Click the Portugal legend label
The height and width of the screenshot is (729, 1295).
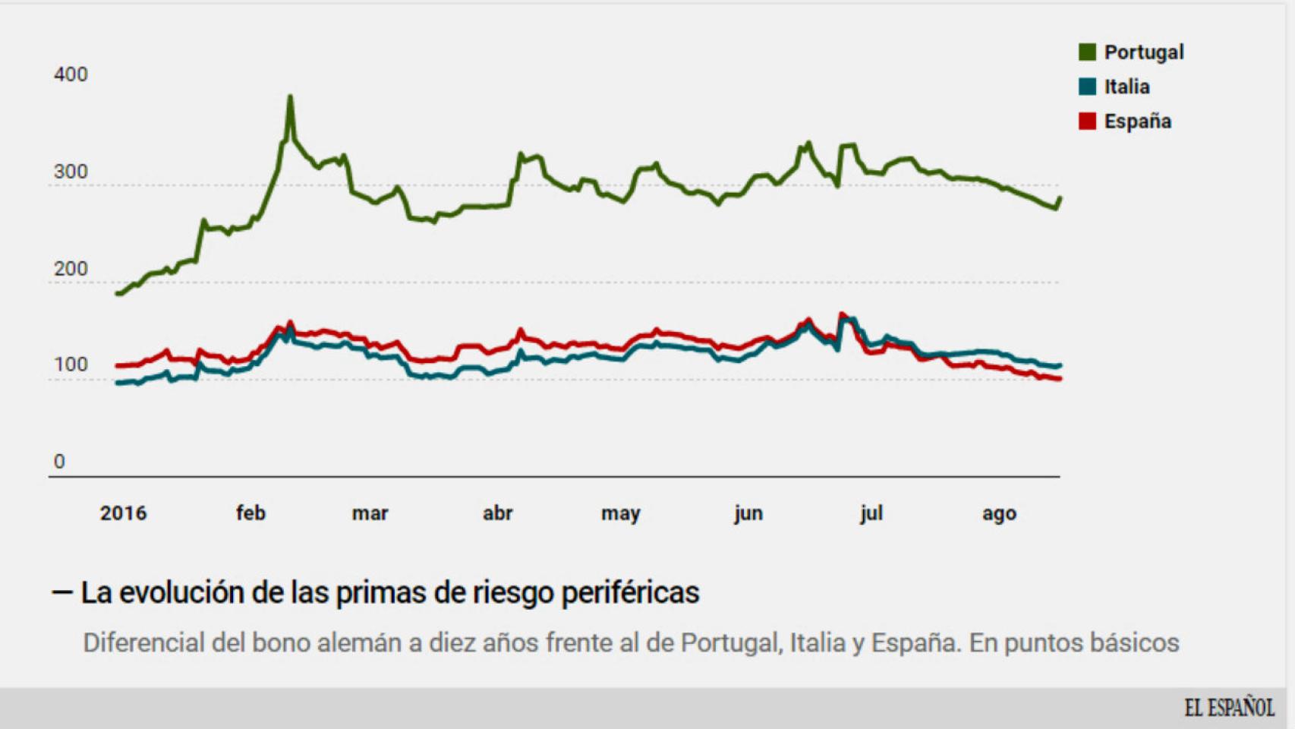(1143, 52)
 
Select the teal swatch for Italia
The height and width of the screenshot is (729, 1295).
(1087, 87)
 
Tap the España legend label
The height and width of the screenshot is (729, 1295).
(1137, 121)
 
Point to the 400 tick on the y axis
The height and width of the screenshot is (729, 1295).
(71, 74)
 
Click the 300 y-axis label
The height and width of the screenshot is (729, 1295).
(71, 172)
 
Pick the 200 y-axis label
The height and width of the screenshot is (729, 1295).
(71, 269)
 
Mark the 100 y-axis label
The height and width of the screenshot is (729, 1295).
(71, 364)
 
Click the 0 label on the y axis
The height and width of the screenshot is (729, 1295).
(59, 462)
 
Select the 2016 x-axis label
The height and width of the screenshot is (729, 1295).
(123, 513)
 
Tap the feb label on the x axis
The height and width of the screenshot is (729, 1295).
(250, 513)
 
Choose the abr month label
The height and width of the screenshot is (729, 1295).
(497, 513)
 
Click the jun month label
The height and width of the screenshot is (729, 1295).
(748, 513)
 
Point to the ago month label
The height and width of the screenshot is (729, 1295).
(999, 514)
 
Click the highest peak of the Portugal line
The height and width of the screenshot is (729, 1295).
(290, 97)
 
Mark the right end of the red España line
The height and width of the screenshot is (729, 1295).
(1059, 378)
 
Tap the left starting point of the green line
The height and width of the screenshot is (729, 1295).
(118, 293)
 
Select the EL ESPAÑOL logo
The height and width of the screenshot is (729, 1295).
(1229, 708)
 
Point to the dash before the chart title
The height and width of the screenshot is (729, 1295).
(61, 592)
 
